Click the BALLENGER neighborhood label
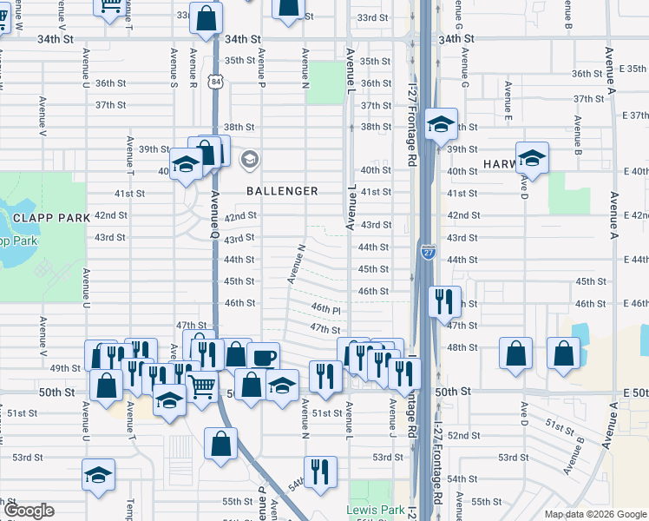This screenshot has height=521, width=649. [281, 190]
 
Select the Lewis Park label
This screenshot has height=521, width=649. [370, 510]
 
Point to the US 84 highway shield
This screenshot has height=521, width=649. [214, 81]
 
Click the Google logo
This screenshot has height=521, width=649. [28, 511]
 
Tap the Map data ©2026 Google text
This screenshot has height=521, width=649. [594, 514]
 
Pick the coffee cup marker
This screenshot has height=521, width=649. [263, 356]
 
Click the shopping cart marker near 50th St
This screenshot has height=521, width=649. [202, 385]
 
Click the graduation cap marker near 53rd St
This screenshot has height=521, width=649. [98, 474]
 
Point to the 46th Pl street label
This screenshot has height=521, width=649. [325, 308]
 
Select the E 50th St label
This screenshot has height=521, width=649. [635, 392]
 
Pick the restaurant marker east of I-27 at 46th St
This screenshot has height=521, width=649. [443, 301]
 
